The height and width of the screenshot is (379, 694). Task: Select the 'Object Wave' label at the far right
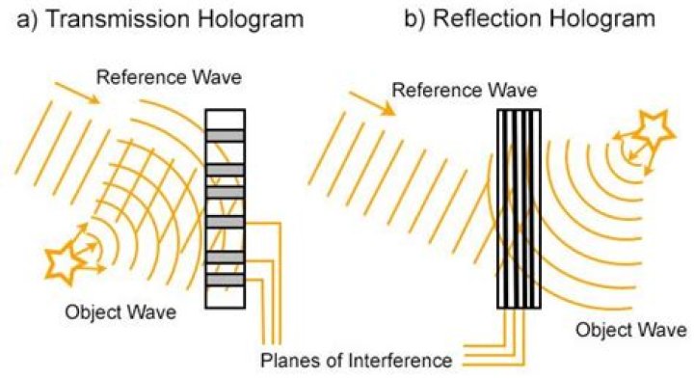630,330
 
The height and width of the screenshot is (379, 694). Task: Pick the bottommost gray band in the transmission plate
226,280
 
